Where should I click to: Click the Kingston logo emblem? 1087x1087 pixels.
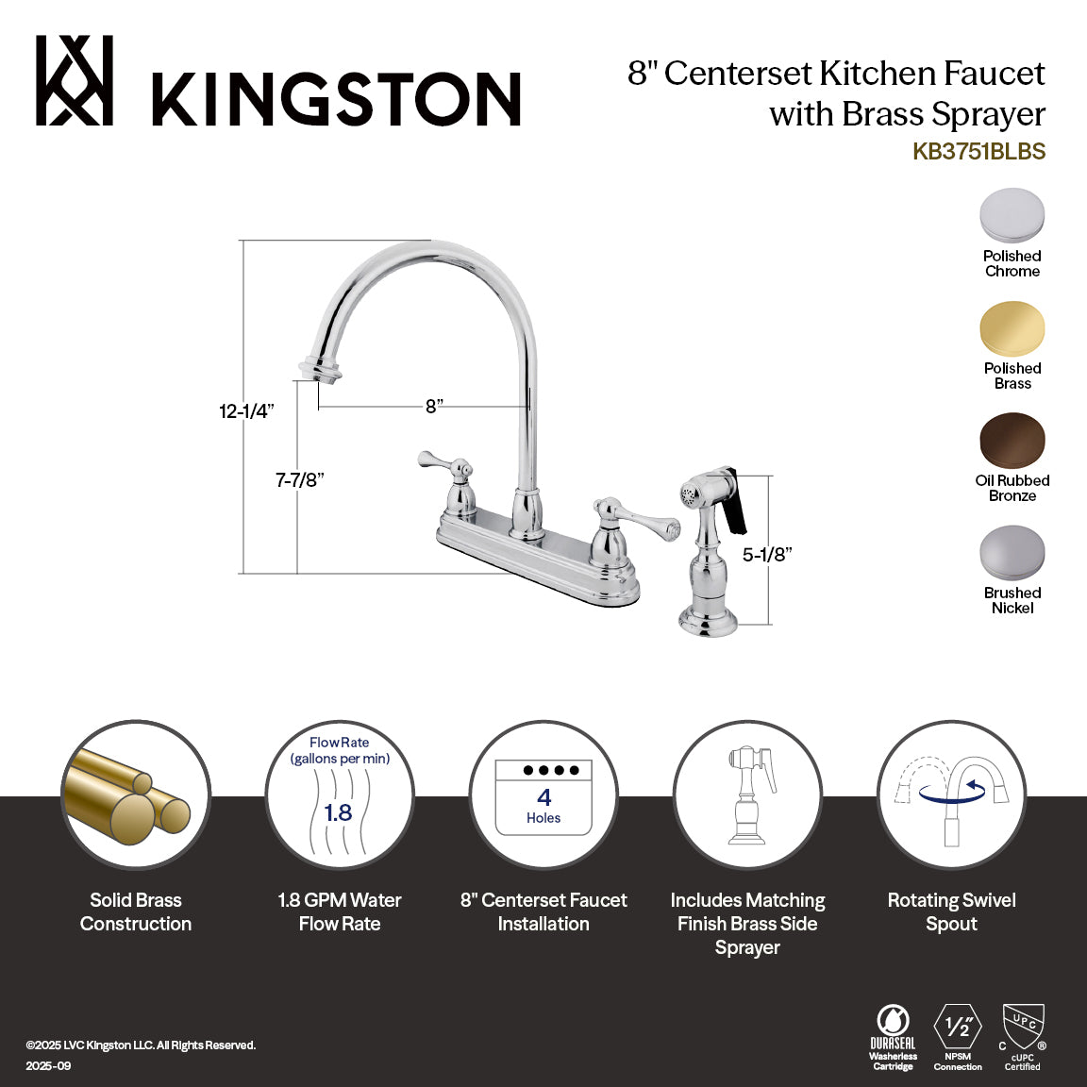(x=75, y=81)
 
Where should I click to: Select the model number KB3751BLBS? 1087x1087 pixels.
(x=978, y=152)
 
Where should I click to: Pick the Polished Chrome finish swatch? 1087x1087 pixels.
(x=1012, y=216)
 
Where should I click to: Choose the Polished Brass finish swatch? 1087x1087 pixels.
(x=1012, y=328)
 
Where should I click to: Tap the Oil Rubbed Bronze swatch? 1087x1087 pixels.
(x=1012, y=441)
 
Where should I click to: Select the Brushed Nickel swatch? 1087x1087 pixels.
(x=1012, y=553)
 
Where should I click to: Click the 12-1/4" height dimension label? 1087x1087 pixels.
(x=246, y=411)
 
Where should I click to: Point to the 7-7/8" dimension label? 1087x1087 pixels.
(x=299, y=480)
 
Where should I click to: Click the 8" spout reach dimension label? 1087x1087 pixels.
(x=434, y=407)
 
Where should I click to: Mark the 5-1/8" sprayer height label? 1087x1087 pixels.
(x=766, y=555)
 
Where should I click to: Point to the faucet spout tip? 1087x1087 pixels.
(x=319, y=368)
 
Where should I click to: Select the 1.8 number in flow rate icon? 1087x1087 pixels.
(x=338, y=812)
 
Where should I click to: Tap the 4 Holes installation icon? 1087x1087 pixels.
(x=543, y=797)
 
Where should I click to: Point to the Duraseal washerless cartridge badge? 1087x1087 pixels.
(x=893, y=1037)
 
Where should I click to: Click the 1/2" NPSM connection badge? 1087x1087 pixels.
(x=958, y=1035)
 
